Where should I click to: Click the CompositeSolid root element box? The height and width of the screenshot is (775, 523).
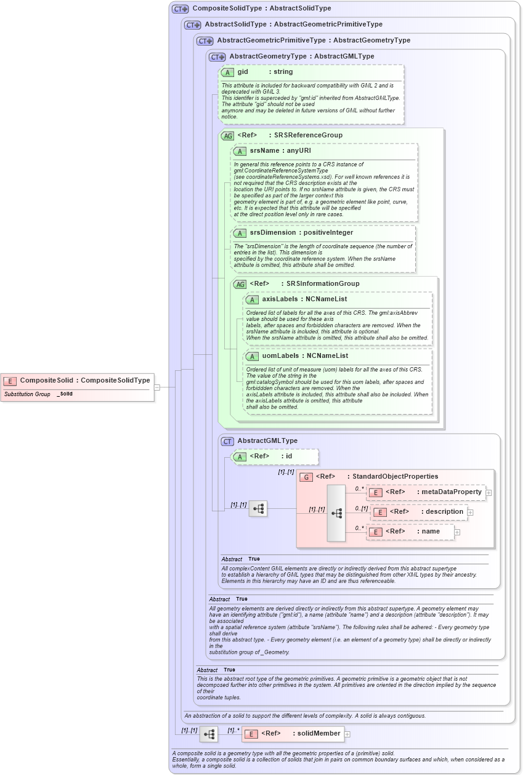(77, 381)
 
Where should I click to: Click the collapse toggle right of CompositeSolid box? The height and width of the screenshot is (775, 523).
(157, 387)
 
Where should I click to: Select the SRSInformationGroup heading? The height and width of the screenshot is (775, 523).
(304, 284)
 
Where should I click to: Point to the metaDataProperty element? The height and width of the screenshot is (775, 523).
(426, 492)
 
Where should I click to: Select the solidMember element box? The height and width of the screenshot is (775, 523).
(293, 734)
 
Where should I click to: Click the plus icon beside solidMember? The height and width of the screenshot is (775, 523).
(347, 734)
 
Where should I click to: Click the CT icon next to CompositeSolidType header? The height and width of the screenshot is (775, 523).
(180, 9)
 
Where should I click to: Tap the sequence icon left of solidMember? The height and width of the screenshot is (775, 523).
(209, 734)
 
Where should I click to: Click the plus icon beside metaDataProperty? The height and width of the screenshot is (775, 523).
(489, 492)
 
